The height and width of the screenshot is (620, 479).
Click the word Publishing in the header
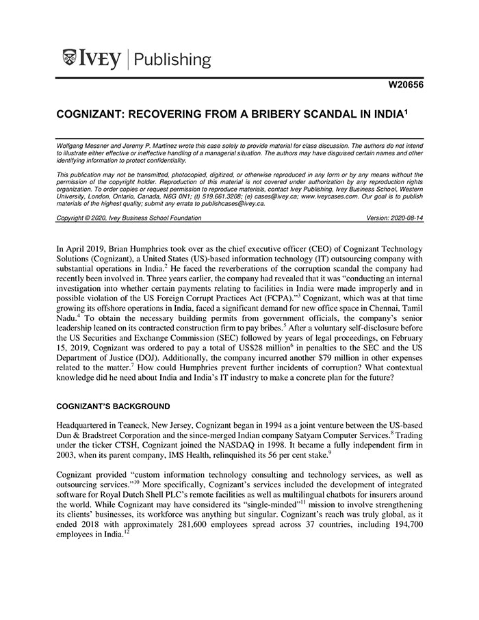173,60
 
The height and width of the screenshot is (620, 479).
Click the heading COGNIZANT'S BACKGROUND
113,406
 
